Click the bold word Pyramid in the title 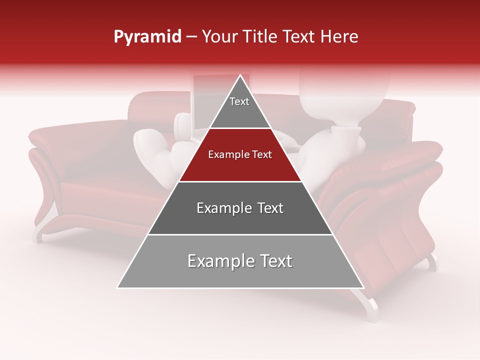[x=147, y=37]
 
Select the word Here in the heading [x=339, y=36]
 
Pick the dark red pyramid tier [x=240, y=155]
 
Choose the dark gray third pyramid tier [x=240, y=208]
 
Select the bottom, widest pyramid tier [x=240, y=261]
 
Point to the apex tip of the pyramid [x=240, y=76]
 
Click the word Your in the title [x=220, y=36]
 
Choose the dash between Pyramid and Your [x=191, y=37]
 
